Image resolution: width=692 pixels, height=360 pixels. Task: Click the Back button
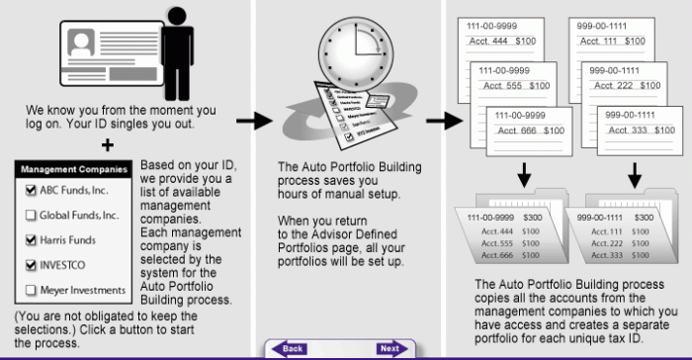click(x=290, y=349)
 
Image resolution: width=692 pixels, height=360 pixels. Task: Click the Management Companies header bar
click(x=74, y=169)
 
